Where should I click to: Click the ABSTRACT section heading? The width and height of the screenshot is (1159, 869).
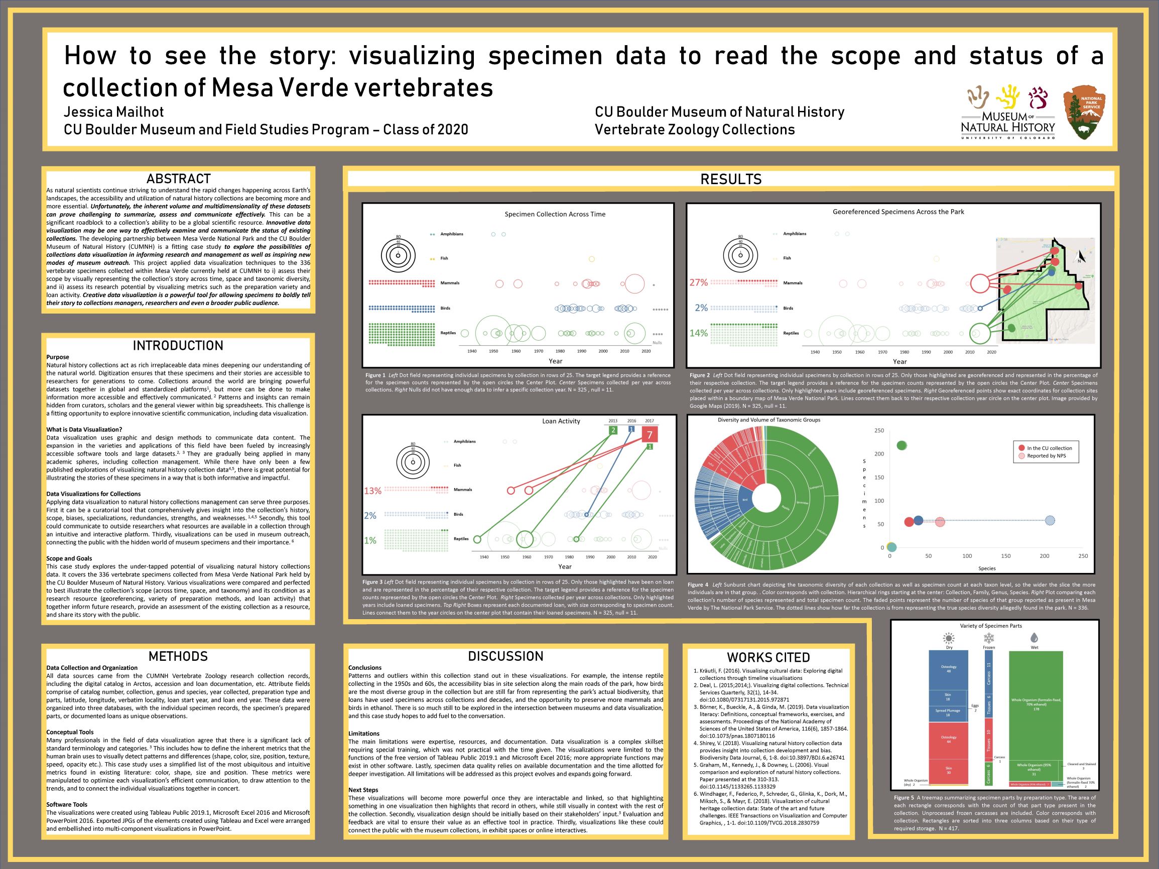point(178,179)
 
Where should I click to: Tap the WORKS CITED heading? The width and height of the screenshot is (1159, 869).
point(768,657)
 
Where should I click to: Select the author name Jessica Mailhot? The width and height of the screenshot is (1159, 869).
point(114,112)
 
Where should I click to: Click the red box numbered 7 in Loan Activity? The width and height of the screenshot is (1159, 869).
point(650,435)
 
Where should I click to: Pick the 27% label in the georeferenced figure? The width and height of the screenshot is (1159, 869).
point(698,283)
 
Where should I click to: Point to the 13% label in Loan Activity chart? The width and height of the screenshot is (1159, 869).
point(372,491)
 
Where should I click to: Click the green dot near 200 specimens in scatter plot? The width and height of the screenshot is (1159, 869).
point(901,445)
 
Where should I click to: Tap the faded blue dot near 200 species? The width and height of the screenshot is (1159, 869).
point(1050,520)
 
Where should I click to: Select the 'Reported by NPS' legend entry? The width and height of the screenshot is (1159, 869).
point(1046,456)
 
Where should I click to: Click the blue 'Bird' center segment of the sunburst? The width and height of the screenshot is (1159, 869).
point(745,500)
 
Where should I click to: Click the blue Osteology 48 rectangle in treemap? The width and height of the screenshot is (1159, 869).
point(948,669)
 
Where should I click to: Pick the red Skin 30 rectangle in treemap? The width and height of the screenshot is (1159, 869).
point(948,770)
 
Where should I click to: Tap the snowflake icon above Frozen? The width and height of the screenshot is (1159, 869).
point(989,638)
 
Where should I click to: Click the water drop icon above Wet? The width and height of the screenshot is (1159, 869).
point(1035,638)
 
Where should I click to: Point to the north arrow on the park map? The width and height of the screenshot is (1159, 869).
point(1079,257)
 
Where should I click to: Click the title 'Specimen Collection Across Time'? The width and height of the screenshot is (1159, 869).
point(555,214)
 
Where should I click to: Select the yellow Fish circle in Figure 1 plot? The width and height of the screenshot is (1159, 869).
point(592,259)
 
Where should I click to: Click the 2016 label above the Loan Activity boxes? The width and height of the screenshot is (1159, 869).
point(632,420)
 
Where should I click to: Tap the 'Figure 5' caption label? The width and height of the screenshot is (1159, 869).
point(904,798)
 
